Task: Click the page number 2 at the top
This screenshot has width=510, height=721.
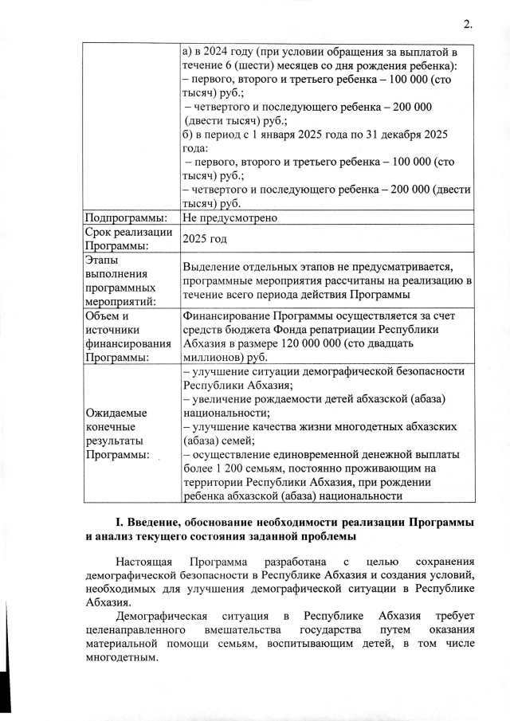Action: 466,25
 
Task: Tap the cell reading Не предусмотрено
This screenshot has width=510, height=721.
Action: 229,217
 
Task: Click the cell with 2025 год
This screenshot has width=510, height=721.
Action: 205,239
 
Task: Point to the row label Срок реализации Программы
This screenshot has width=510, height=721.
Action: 128,239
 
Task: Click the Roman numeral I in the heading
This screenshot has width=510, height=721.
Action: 118,523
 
